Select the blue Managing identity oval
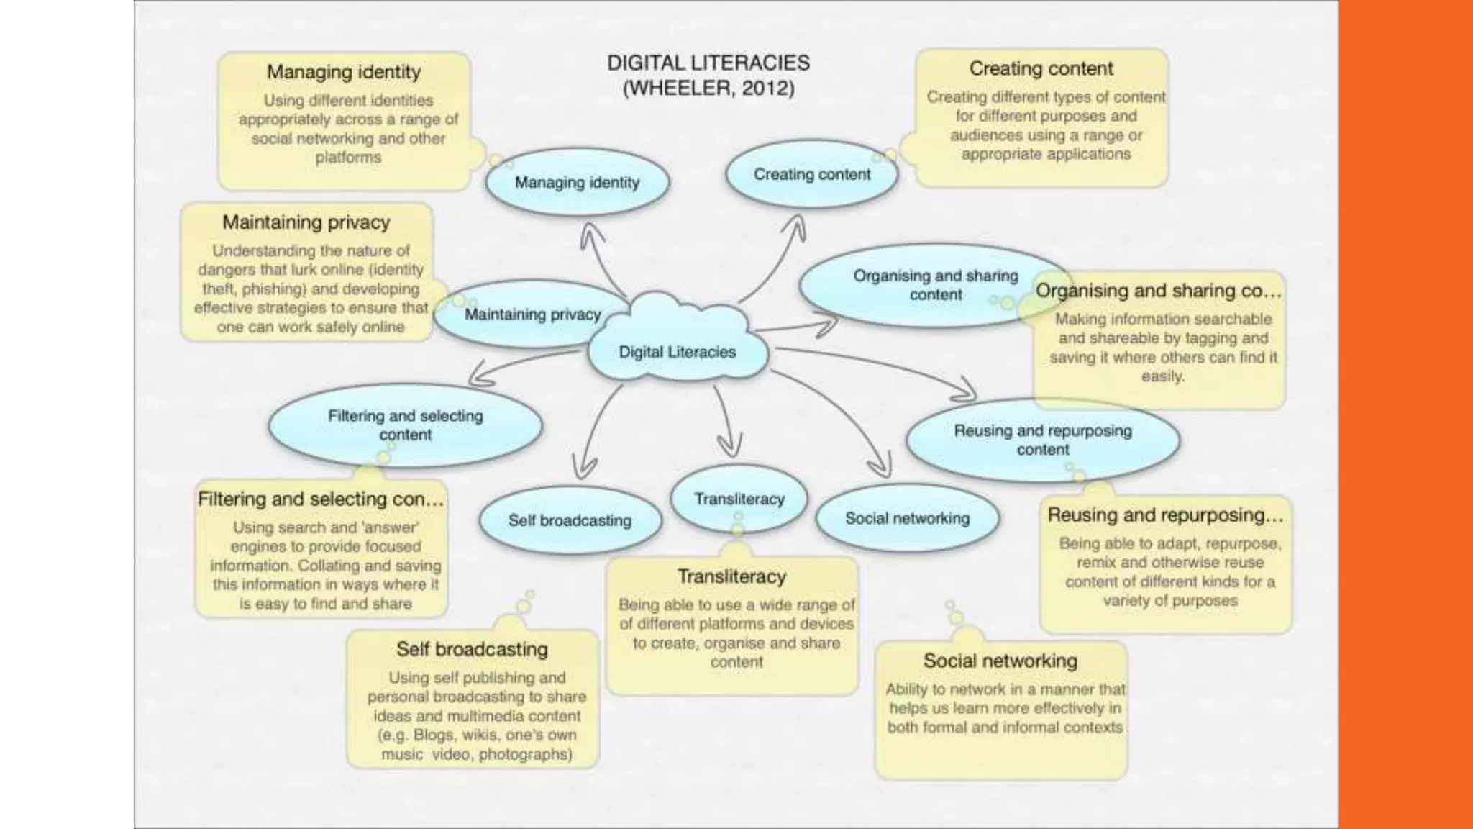coord(577,182)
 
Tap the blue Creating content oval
coord(811,174)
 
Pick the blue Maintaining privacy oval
coord(532,314)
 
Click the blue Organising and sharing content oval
coord(934,285)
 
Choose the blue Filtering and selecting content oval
coord(405,425)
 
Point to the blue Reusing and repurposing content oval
coord(1042,440)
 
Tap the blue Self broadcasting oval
coord(570,520)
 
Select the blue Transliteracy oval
coord(739,499)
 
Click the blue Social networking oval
coord(907,518)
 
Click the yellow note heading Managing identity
coord(344,72)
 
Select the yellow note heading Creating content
coord(1041,68)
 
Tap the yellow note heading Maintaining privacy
coord(306,222)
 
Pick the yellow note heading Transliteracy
coord(731,576)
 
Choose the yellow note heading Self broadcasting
coord(472,649)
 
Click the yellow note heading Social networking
coord(1000,661)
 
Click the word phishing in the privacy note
coord(275,289)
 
